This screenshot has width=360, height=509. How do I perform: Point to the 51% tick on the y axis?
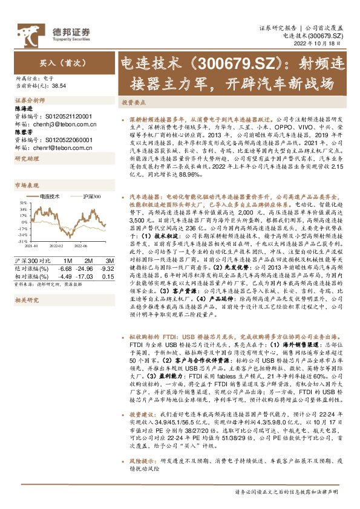tap(22, 203)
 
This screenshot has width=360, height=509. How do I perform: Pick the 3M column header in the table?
tap(108, 260)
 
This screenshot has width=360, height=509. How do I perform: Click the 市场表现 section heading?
tap(26, 185)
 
